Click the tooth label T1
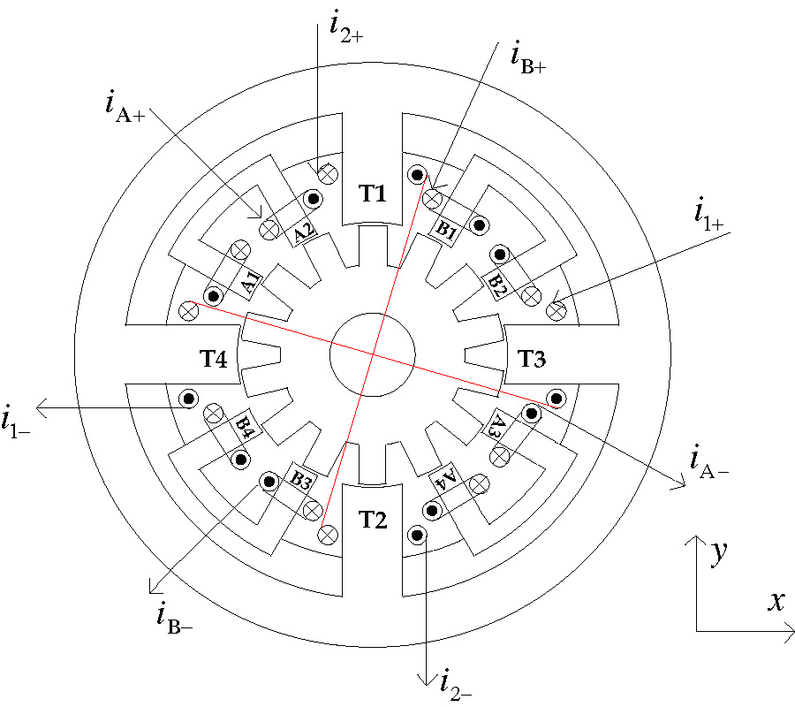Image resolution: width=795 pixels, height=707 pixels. pyautogui.click(x=372, y=193)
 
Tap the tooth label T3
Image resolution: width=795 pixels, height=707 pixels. pyautogui.click(x=532, y=359)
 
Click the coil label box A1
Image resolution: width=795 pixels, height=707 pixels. pyautogui.click(x=250, y=283)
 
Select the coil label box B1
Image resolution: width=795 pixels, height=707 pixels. pyautogui.click(x=447, y=232)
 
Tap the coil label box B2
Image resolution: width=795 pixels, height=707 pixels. pyautogui.click(x=497, y=284)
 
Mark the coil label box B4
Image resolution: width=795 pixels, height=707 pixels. pyautogui.click(x=246, y=428)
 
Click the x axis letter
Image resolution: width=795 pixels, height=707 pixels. pyautogui.click(x=776, y=602)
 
